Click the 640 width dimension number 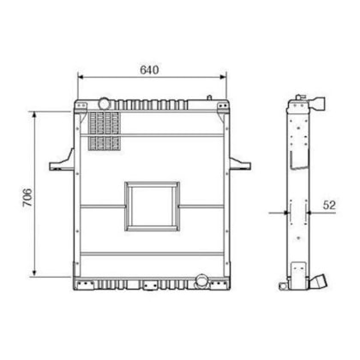click(149, 69)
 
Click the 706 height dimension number click(27, 197)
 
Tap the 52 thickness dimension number click(329, 205)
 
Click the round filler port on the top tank click(105, 104)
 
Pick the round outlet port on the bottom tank click(202, 280)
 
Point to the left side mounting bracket click(62, 161)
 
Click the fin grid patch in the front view click(104, 131)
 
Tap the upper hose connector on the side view click(317, 104)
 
